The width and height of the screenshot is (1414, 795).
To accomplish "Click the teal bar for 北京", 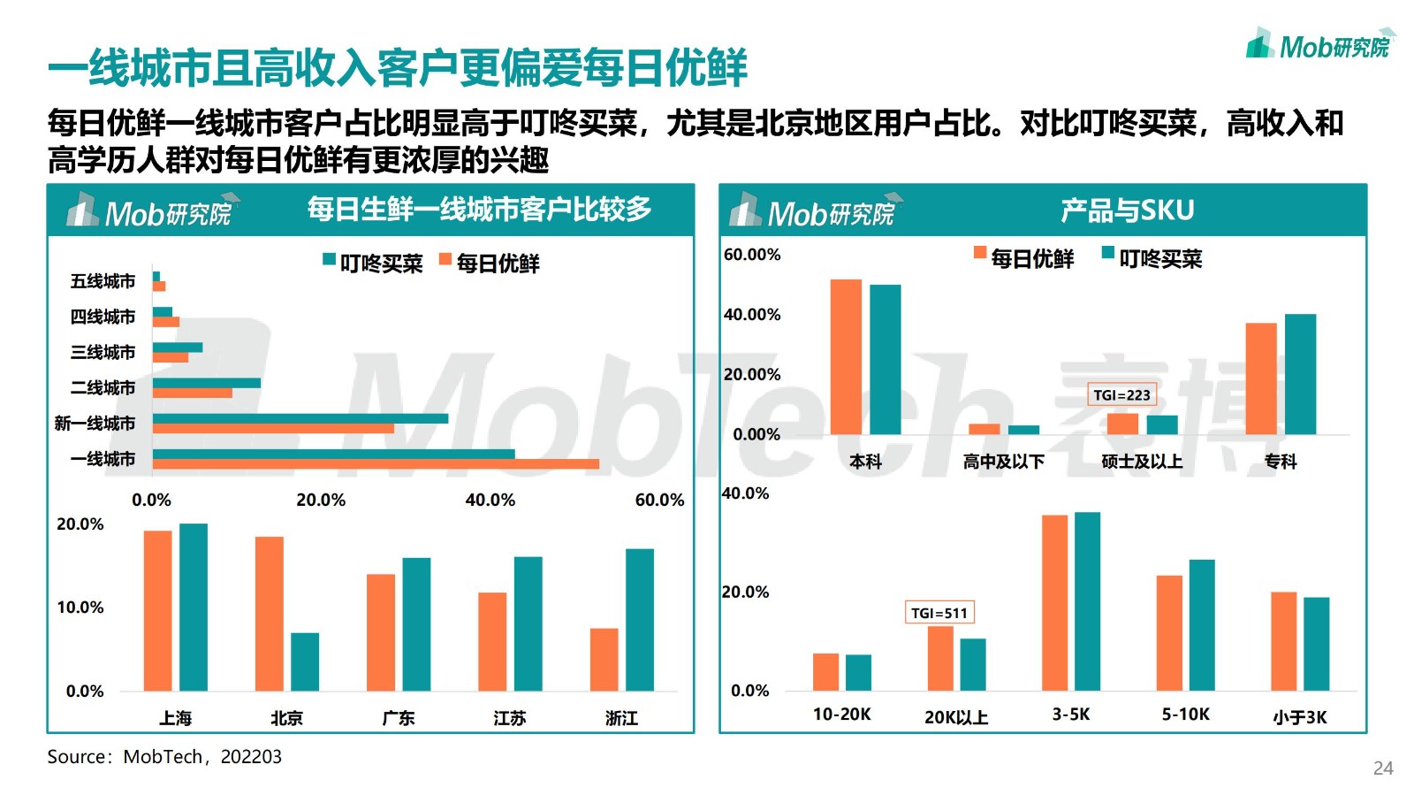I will tap(305, 661).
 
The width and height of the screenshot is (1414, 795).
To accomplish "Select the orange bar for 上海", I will tap(157, 610).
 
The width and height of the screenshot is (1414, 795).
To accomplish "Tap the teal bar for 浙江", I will tap(640, 619).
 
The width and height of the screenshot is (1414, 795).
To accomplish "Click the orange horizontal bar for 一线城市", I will tap(376, 464).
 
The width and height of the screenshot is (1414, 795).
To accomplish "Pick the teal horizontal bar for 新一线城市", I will tap(300, 418).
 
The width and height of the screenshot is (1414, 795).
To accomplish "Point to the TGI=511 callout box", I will tap(939, 613).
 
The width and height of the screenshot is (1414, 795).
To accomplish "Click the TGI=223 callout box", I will tap(1121, 395).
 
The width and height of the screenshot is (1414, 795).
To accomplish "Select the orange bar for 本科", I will tap(846, 356).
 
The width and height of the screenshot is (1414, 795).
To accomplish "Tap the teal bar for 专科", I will tap(1300, 374).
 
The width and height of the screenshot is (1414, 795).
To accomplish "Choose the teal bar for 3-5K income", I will tap(1087, 601).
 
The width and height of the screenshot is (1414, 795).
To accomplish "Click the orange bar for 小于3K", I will tap(1283, 641).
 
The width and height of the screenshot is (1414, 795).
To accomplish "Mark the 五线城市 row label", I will tap(103, 281).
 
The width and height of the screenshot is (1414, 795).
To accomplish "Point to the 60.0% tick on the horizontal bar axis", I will tap(659, 500).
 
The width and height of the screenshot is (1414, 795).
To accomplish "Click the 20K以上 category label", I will tap(956, 717).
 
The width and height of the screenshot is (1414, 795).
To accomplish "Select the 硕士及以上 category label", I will tap(1142, 462).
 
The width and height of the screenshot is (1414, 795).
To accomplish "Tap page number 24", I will tap(1383, 768).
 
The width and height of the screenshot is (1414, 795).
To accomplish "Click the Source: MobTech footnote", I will tap(164, 757).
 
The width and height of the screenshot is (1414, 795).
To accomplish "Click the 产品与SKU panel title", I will tap(1127, 210).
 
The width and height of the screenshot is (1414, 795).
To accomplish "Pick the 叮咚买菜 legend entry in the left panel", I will tap(373, 263).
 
